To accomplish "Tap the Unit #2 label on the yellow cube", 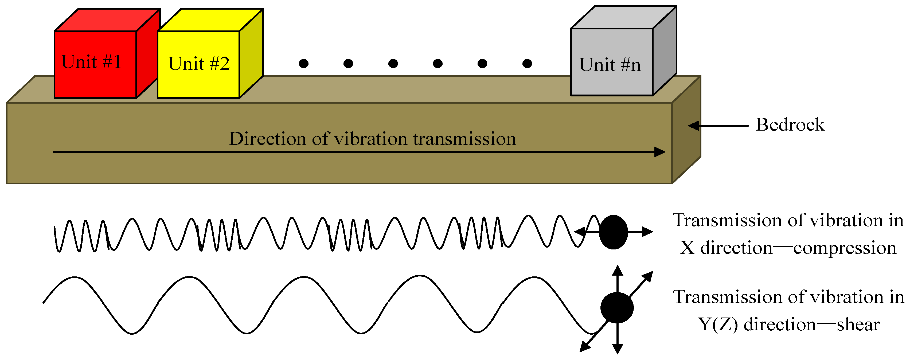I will click(199, 64).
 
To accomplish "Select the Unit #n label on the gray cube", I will click(610, 65).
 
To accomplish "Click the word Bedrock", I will click(790, 125).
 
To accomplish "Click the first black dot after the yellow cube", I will click(303, 64).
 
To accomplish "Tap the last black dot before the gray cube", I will click(527, 64).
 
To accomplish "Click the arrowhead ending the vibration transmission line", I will click(660, 152).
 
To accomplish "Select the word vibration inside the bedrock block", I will click(371, 139).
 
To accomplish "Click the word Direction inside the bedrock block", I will click(267, 139).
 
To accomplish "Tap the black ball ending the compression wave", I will click(614, 232).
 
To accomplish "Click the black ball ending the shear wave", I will click(617, 308).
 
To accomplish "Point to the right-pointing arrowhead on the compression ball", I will click(647, 232).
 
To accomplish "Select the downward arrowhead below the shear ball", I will click(617, 349).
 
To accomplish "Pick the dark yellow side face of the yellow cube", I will click(251, 53).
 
